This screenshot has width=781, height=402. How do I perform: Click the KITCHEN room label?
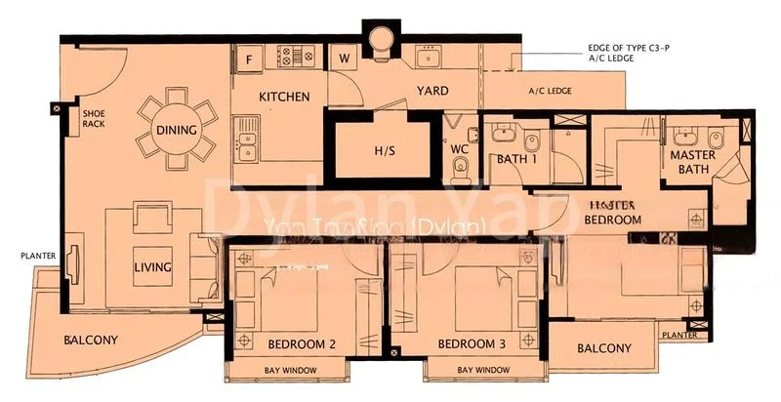coord(284,97)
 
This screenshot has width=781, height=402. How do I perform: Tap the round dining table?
coord(177,130)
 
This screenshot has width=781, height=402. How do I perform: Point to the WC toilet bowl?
coord(462,172)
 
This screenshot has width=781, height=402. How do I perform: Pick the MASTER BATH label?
coord(692,163)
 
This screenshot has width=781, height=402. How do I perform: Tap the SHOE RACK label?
coord(94,119)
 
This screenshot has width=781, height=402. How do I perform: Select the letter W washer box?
coord(344,58)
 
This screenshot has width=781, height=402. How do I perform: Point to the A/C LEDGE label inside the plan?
coord(550,92)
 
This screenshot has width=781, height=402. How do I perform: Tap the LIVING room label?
coord(154,266)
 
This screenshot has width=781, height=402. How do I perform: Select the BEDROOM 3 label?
coord(472,343)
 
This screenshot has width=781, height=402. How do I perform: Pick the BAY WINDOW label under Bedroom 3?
coord(483,370)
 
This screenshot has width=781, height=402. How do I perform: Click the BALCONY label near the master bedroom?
coord(603,348)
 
